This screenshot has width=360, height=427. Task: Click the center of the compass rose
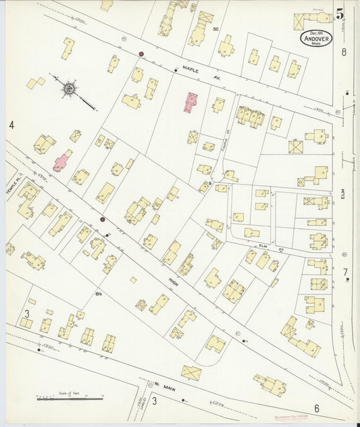tap(70, 88)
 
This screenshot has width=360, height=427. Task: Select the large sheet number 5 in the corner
tap(339, 13)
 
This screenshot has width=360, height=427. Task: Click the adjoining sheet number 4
tap(11, 125)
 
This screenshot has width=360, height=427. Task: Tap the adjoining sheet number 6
tap(315, 408)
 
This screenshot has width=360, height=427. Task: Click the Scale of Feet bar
tap(70, 399)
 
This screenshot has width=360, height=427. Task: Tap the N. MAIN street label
tap(166, 386)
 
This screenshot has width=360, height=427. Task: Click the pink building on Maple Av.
tap(191, 103)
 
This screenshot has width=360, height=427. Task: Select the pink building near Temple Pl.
tap(63, 160)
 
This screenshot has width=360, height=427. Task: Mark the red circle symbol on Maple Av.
tap(142, 53)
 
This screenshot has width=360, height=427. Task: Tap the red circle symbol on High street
tap(103, 219)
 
